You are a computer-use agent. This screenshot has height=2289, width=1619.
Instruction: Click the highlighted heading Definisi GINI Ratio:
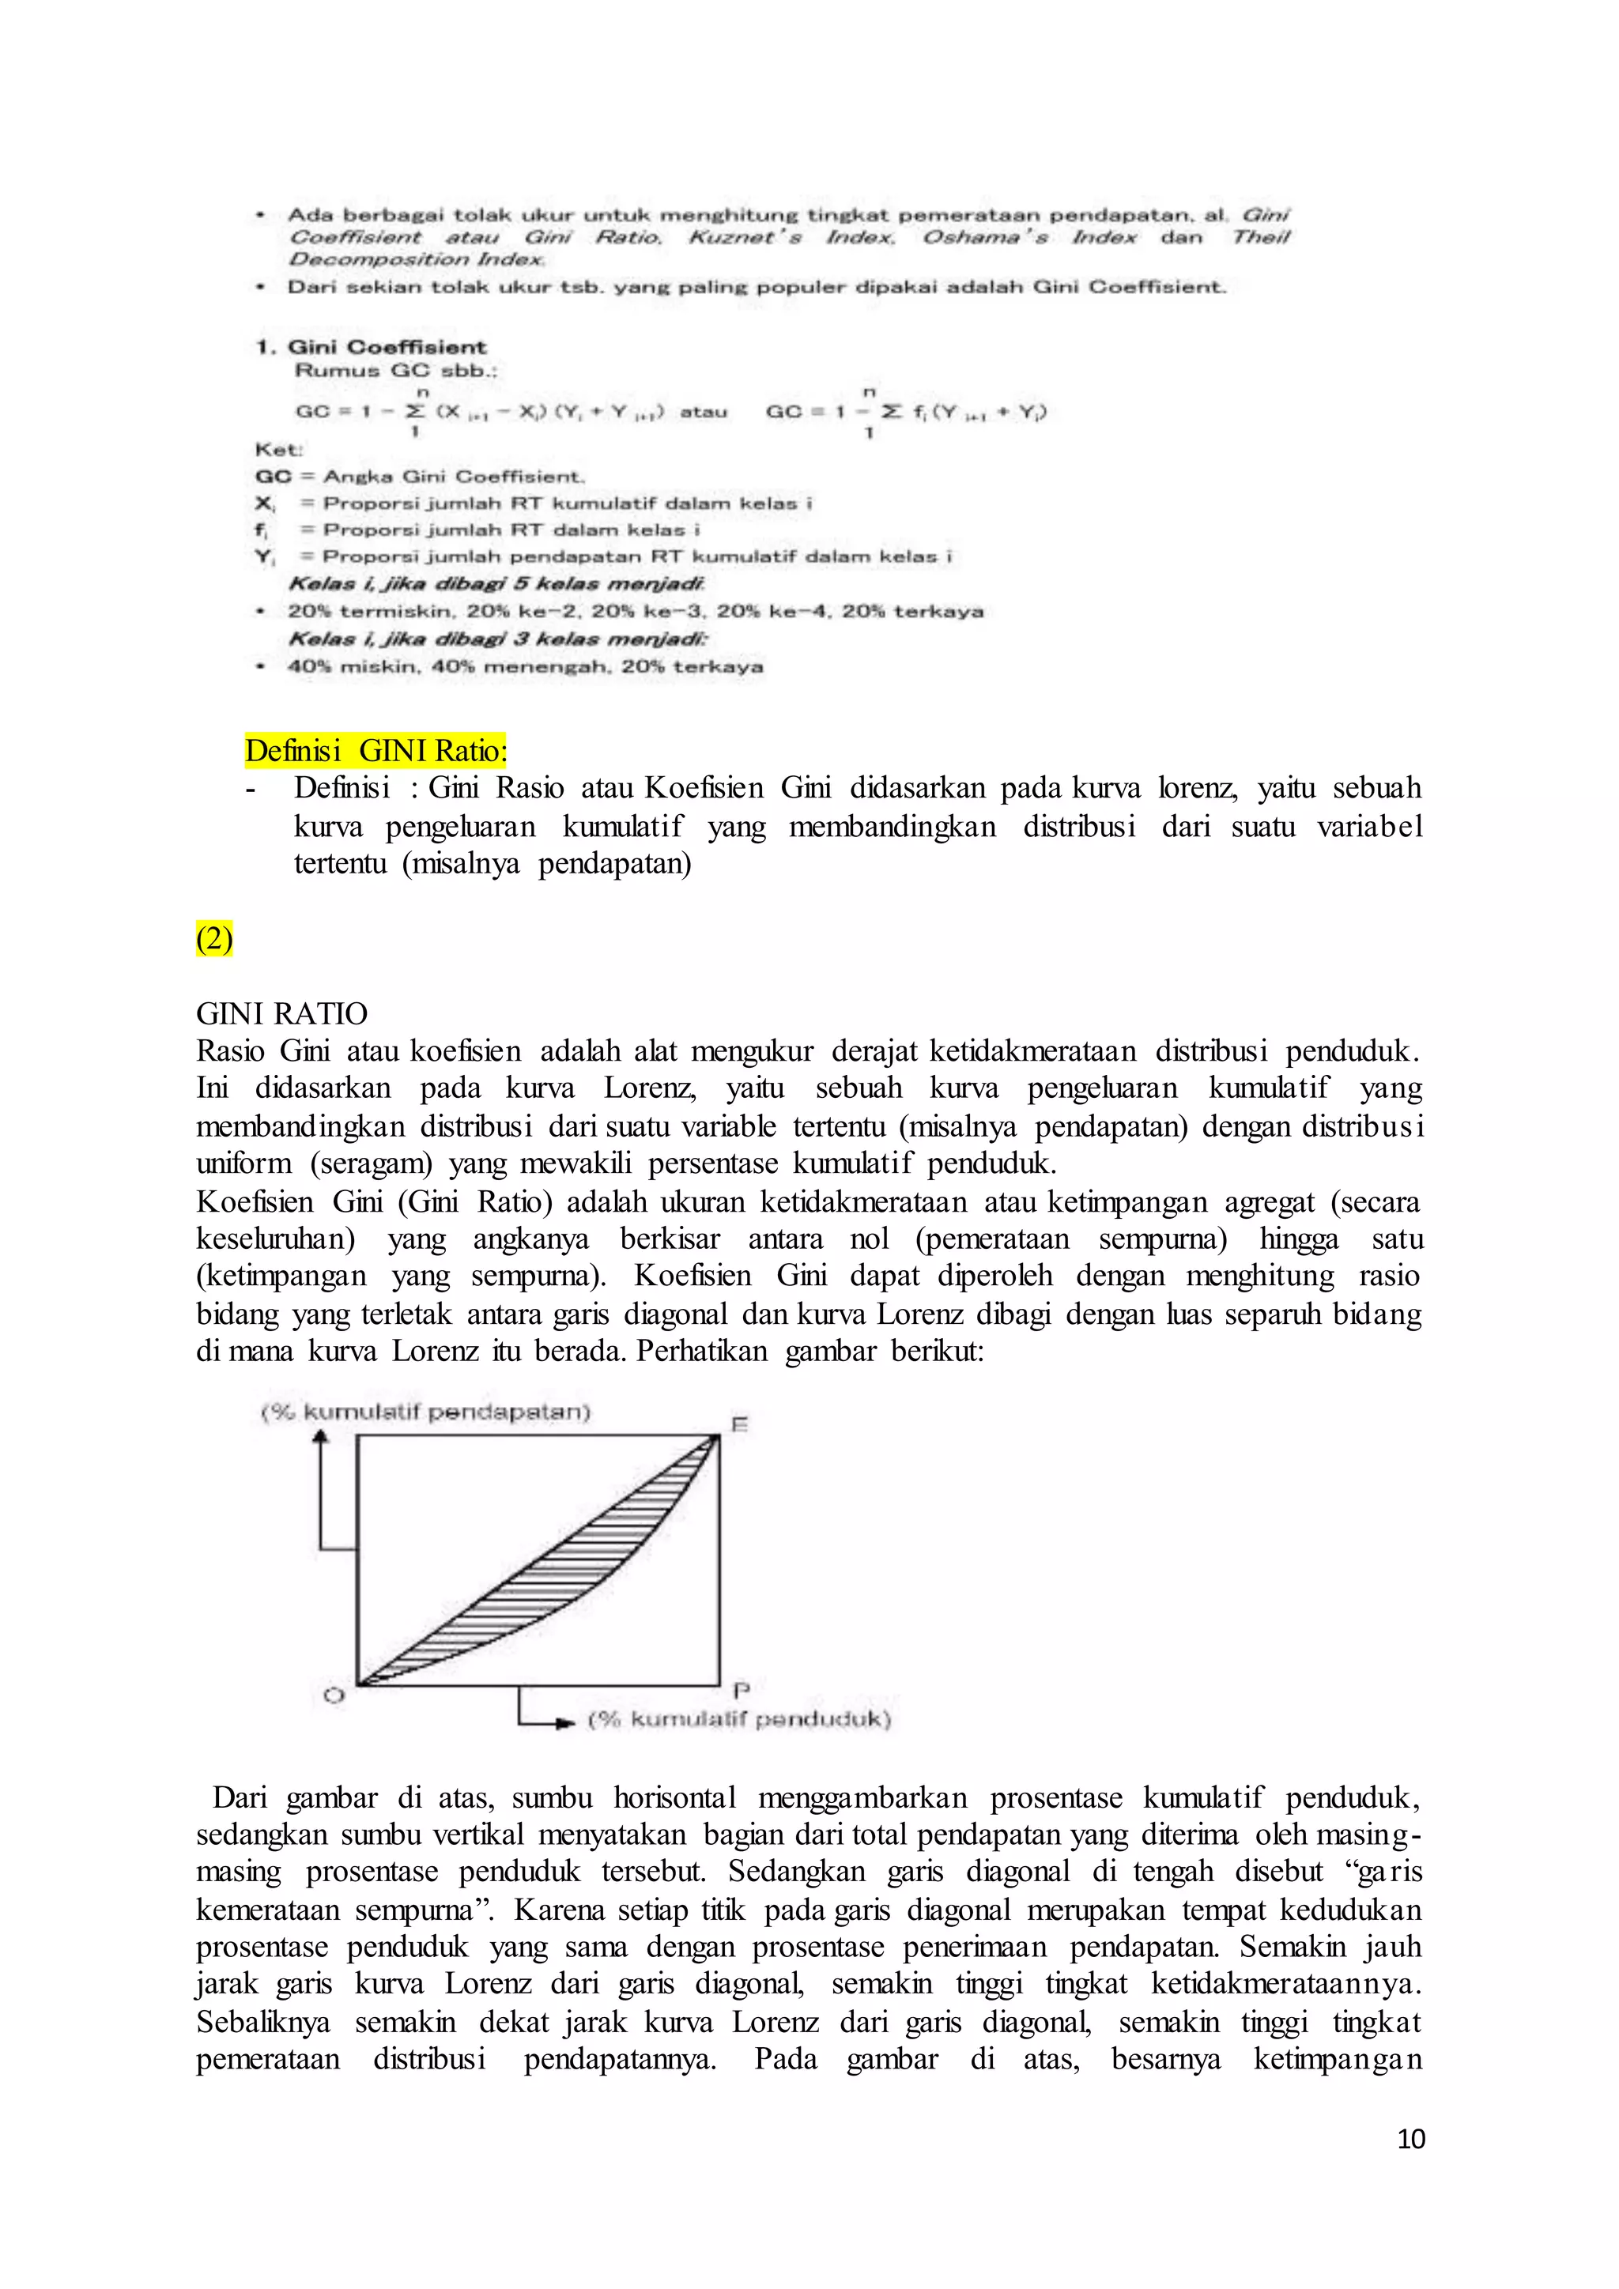pos(376,750)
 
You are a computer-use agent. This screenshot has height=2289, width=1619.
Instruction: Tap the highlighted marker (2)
pos(213,938)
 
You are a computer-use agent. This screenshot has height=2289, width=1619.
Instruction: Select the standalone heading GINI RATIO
pos(281,1014)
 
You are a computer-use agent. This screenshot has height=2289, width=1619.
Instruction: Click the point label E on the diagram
pos(740,1424)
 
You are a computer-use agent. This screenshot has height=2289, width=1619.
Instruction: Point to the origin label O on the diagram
pos(334,1695)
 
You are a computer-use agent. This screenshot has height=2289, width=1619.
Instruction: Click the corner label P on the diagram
pos(741,1690)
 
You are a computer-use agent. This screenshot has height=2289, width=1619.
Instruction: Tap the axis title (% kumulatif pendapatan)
pos(425,1412)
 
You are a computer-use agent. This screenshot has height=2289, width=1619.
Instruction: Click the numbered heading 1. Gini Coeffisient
pos(371,347)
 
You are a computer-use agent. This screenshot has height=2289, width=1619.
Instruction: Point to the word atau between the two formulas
pos(703,412)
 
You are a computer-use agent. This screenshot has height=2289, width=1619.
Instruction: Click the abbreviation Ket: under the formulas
pos(278,450)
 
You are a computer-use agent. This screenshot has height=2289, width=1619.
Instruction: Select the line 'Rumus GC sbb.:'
pos(396,371)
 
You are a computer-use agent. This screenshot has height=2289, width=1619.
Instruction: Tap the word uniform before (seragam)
pos(244,1163)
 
